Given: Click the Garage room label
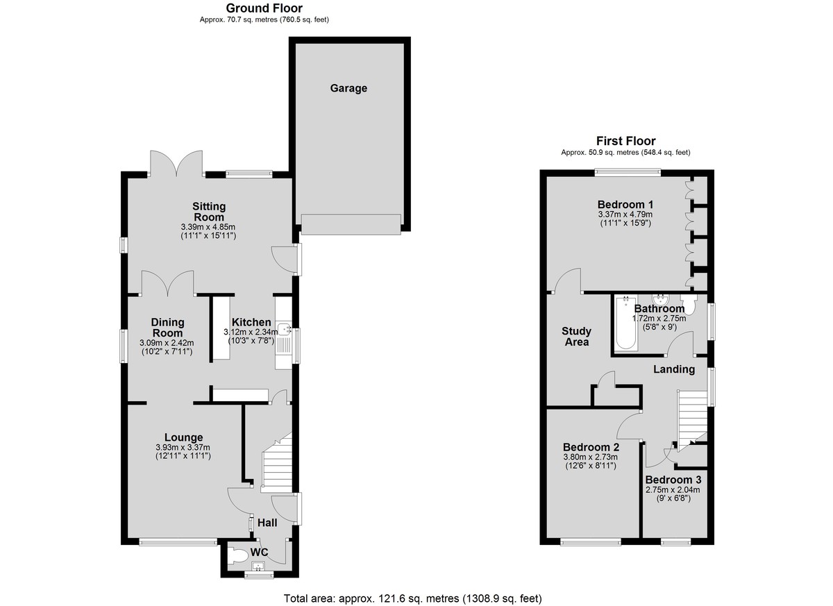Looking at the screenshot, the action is point(348,88).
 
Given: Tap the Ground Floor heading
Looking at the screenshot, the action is point(264,8).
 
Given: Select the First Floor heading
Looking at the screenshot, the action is point(625,141).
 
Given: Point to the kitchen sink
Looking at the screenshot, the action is point(285,328).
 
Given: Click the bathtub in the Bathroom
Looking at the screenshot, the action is point(625,323).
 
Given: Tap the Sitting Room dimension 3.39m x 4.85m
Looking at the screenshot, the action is point(208,227).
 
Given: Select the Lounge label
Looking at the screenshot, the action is point(184,437).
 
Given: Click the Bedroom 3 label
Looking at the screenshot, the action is point(673,480).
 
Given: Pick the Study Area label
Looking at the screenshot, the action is point(576,337).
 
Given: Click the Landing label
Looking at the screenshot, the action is point(674,369).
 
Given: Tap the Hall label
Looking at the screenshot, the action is point(267,523).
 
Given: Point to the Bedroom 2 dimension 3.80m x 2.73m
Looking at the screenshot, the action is point(591,457).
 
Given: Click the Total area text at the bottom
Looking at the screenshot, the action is point(413,598).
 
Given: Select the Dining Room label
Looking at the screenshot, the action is point(167,328).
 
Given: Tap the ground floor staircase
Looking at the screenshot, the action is point(277,463).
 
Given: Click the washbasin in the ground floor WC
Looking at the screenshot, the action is point(258,566).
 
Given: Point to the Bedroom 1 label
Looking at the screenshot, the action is point(625,205).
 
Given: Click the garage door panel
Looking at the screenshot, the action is point(351,224).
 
